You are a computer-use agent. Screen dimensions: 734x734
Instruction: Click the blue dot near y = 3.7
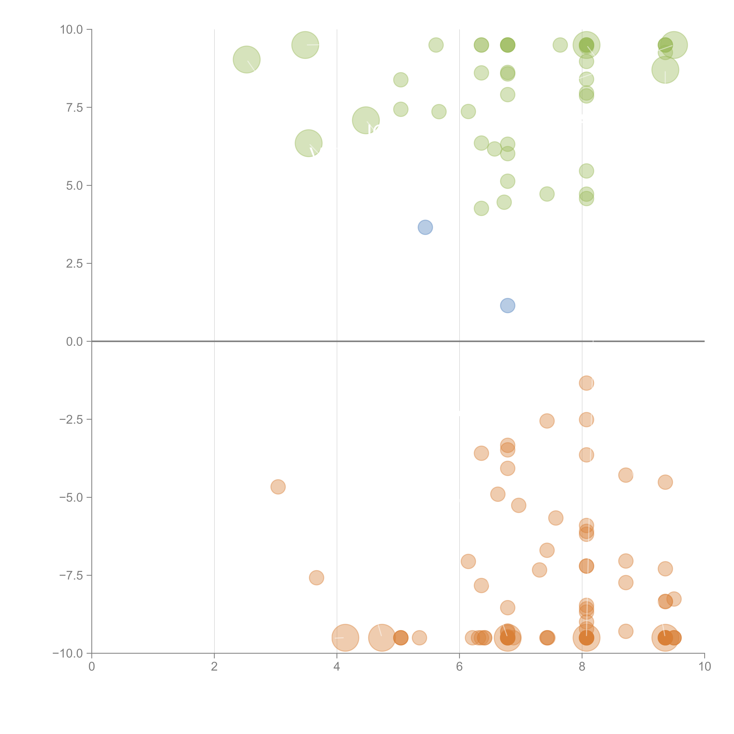(425, 227)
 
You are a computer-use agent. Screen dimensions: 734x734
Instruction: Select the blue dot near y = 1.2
(508, 305)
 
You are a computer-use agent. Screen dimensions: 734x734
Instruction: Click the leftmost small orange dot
(278, 487)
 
